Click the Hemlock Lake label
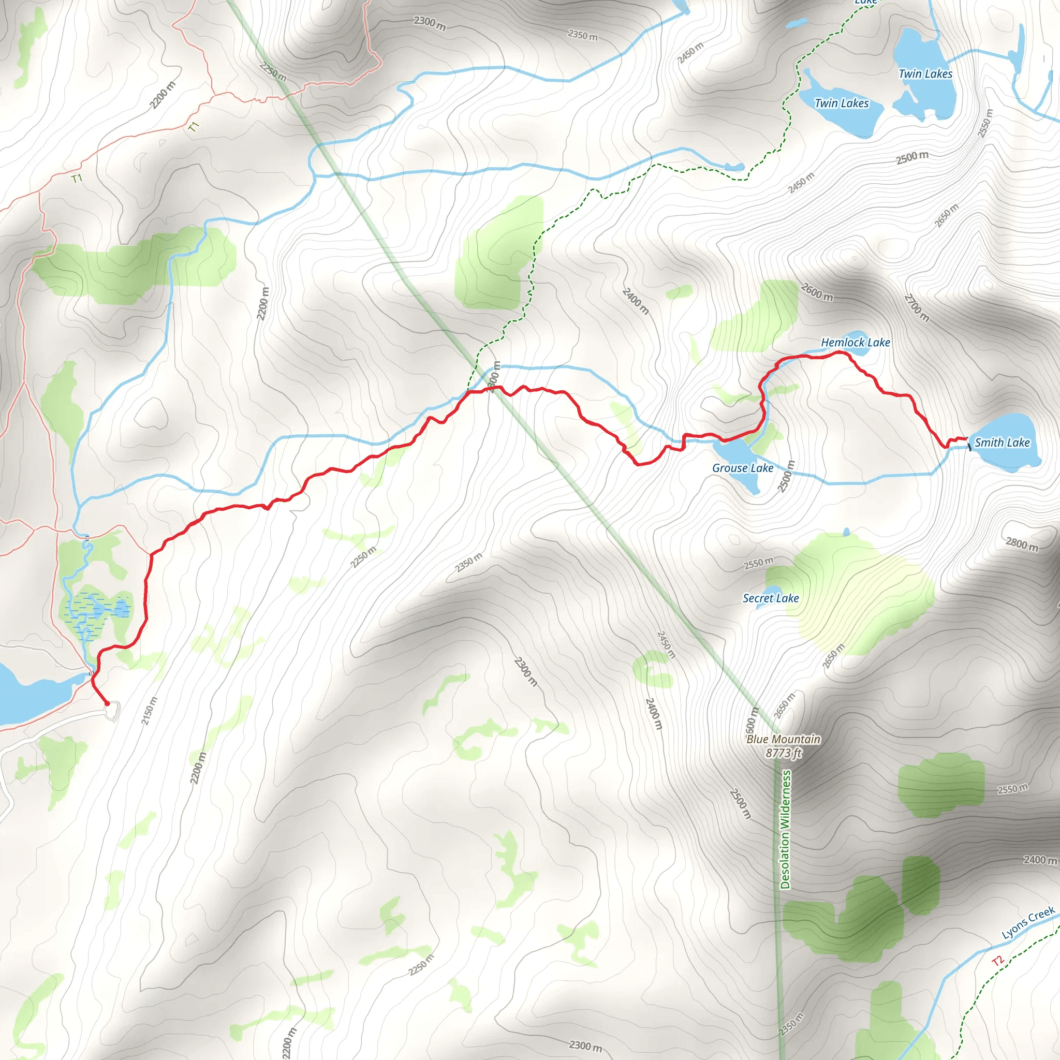856,342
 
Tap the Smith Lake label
1002,443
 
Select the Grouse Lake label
742,468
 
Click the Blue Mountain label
783,739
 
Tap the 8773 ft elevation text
783,753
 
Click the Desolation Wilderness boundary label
786,829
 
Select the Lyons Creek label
1027,923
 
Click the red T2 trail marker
997,960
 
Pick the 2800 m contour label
1022,544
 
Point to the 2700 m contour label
916,308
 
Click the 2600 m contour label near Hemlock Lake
816,292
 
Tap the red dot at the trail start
108,703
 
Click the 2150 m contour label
149,711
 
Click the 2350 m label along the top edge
582,35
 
